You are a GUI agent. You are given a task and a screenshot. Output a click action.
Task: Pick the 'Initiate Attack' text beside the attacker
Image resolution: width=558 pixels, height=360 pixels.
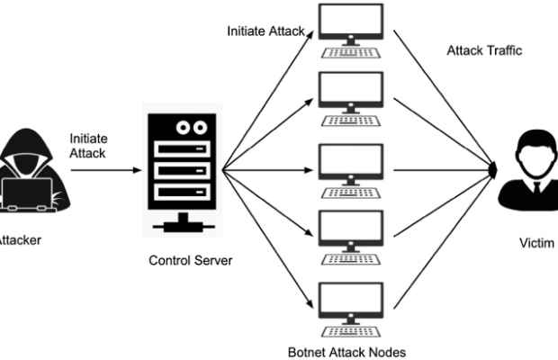point(87,146)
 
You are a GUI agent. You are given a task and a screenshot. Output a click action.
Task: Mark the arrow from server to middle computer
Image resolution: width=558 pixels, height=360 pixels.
point(270,168)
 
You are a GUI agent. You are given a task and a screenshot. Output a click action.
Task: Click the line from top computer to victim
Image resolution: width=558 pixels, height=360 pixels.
point(441,94)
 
